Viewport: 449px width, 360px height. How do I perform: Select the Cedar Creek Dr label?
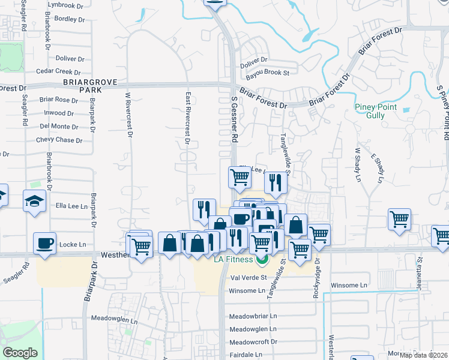click(58, 71)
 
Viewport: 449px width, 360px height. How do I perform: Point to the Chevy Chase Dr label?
click(59, 140)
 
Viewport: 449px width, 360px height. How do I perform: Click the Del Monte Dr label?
click(59, 127)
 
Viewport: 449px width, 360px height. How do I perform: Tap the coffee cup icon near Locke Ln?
click(45, 243)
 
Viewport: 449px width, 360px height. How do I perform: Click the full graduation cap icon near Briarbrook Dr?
click(35, 200)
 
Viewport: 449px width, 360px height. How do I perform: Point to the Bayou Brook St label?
click(268, 73)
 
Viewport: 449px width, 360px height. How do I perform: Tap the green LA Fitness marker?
click(261, 260)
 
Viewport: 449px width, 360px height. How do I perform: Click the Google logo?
click(20, 353)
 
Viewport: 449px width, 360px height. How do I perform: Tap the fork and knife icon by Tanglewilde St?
click(276, 182)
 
